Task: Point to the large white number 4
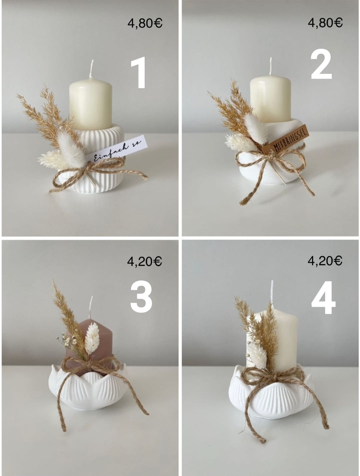(323, 298)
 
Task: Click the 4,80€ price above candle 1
(145, 23)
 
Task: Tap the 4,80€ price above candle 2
(325, 23)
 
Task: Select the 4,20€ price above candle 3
(144, 262)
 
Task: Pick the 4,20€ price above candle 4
(325, 261)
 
